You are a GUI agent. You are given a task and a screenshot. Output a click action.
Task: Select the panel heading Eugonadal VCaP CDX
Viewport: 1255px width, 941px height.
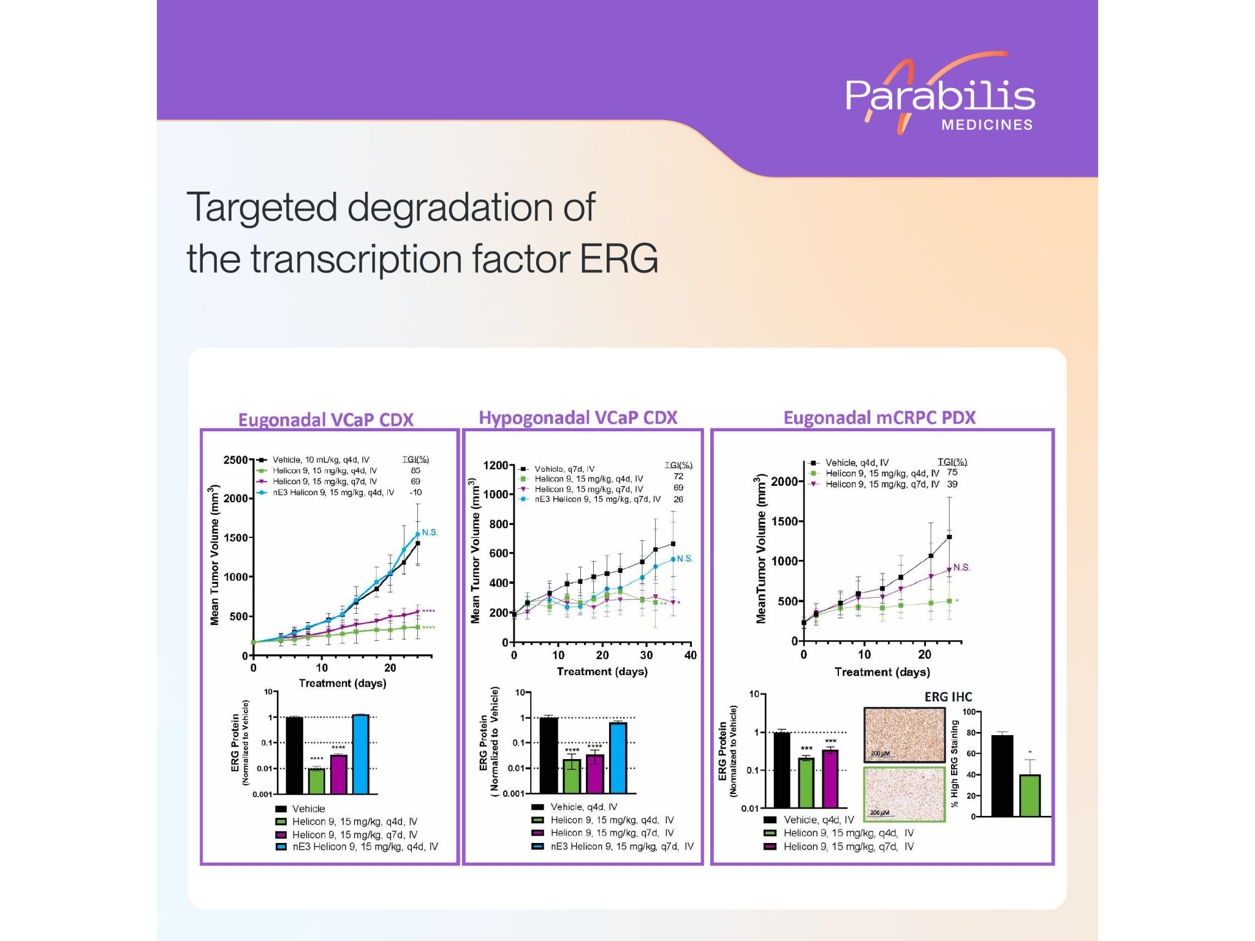point(325,420)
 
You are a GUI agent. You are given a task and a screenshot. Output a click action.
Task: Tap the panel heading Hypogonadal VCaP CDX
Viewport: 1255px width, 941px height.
point(577,418)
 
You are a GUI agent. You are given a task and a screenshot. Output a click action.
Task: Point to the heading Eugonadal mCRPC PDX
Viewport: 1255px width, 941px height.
point(879,418)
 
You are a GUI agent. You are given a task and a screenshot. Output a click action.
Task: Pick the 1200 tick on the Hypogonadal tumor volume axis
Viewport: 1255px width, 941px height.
point(495,466)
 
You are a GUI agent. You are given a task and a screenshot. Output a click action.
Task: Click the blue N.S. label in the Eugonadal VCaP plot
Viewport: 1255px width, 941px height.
point(430,532)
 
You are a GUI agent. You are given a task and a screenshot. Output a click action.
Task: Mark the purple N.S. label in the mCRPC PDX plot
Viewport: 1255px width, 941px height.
point(961,567)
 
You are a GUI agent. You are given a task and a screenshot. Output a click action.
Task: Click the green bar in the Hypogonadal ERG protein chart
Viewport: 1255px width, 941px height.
point(572,776)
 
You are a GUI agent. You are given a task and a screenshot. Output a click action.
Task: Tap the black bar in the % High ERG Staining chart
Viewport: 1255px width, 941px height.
point(1002,775)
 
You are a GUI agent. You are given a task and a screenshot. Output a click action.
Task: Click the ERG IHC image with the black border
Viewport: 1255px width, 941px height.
point(904,735)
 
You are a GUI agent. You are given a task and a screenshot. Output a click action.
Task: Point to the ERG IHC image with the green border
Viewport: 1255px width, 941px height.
point(904,794)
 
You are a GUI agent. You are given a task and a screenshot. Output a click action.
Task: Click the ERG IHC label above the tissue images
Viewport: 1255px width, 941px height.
point(948,697)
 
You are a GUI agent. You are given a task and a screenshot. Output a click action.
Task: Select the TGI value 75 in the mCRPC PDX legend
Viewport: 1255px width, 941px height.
point(952,472)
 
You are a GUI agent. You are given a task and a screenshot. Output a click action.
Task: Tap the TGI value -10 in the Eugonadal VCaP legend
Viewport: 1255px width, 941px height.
point(415,493)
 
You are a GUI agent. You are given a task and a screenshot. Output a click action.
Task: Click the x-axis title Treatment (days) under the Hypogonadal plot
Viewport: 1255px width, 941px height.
point(602,671)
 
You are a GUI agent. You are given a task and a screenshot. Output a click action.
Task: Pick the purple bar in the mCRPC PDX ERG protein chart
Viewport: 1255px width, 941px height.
point(830,778)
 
